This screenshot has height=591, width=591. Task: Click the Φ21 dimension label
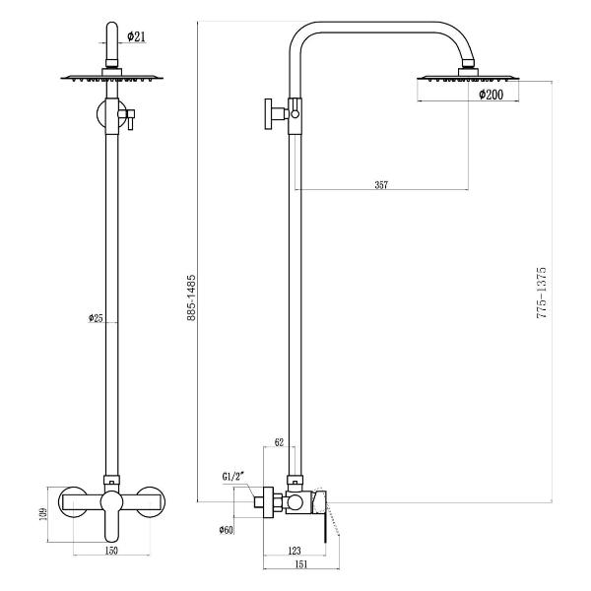tap(136, 36)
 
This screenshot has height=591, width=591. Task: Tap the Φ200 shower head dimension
tap(492, 95)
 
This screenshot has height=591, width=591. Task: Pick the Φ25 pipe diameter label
tap(96, 318)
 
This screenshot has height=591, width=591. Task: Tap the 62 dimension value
tap(279, 443)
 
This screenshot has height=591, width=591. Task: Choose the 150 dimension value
tap(111, 551)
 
